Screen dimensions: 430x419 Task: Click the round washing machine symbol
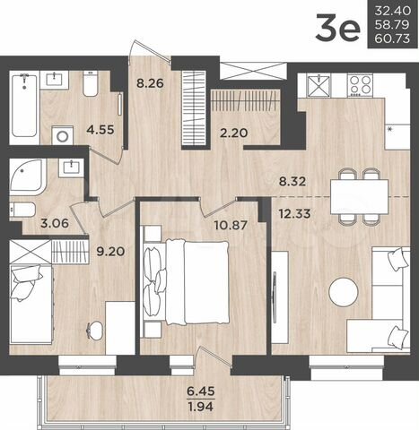click(62, 138)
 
